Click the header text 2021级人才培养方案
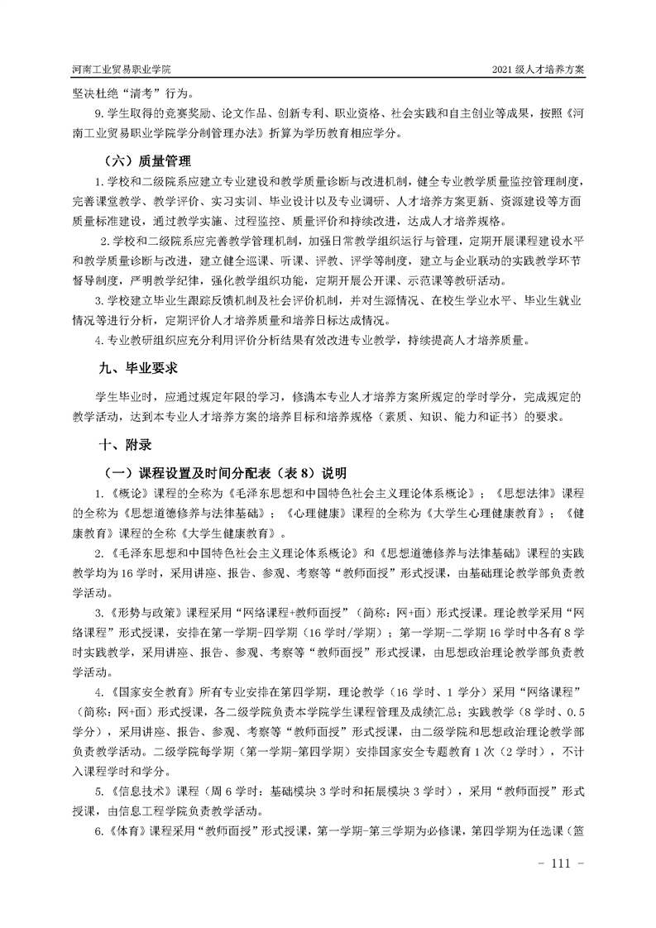(538, 70)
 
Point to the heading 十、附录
(125, 444)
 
